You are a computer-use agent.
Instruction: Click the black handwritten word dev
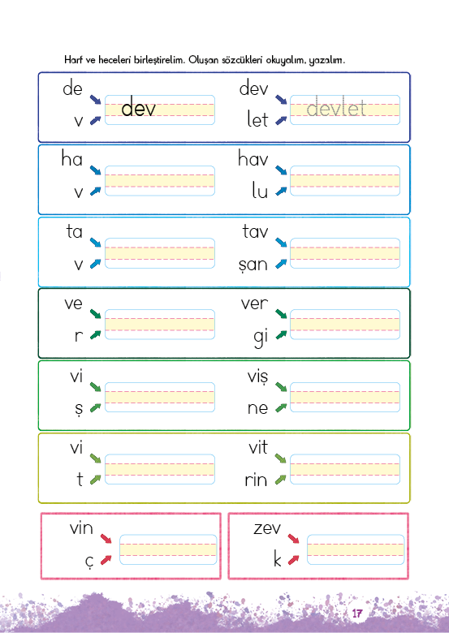point(139,108)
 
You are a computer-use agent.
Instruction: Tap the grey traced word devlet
point(336,108)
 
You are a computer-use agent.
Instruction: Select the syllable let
point(257,119)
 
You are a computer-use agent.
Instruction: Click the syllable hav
point(253,158)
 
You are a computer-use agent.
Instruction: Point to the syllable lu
point(260,190)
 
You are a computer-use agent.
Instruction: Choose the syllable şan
point(253,265)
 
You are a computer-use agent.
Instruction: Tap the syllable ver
point(254,304)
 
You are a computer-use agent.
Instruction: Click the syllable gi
point(261,337)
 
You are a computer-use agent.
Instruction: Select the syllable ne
point(257,408)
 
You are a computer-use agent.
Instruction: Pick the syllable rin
point(256,480)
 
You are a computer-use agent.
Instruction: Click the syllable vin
point(81,527)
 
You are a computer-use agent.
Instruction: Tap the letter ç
point(89,562)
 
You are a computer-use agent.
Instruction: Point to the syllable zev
point(267,528)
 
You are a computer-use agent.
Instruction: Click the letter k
point(277,559)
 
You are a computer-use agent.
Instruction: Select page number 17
point(357,614)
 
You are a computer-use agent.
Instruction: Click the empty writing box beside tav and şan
point(345,253)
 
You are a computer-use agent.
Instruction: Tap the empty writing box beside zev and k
point(356,549)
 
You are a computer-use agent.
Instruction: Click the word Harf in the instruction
point(74,60)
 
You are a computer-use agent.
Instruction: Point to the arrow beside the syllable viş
point(281,387)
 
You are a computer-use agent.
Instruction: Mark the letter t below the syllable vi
point(80,479)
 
